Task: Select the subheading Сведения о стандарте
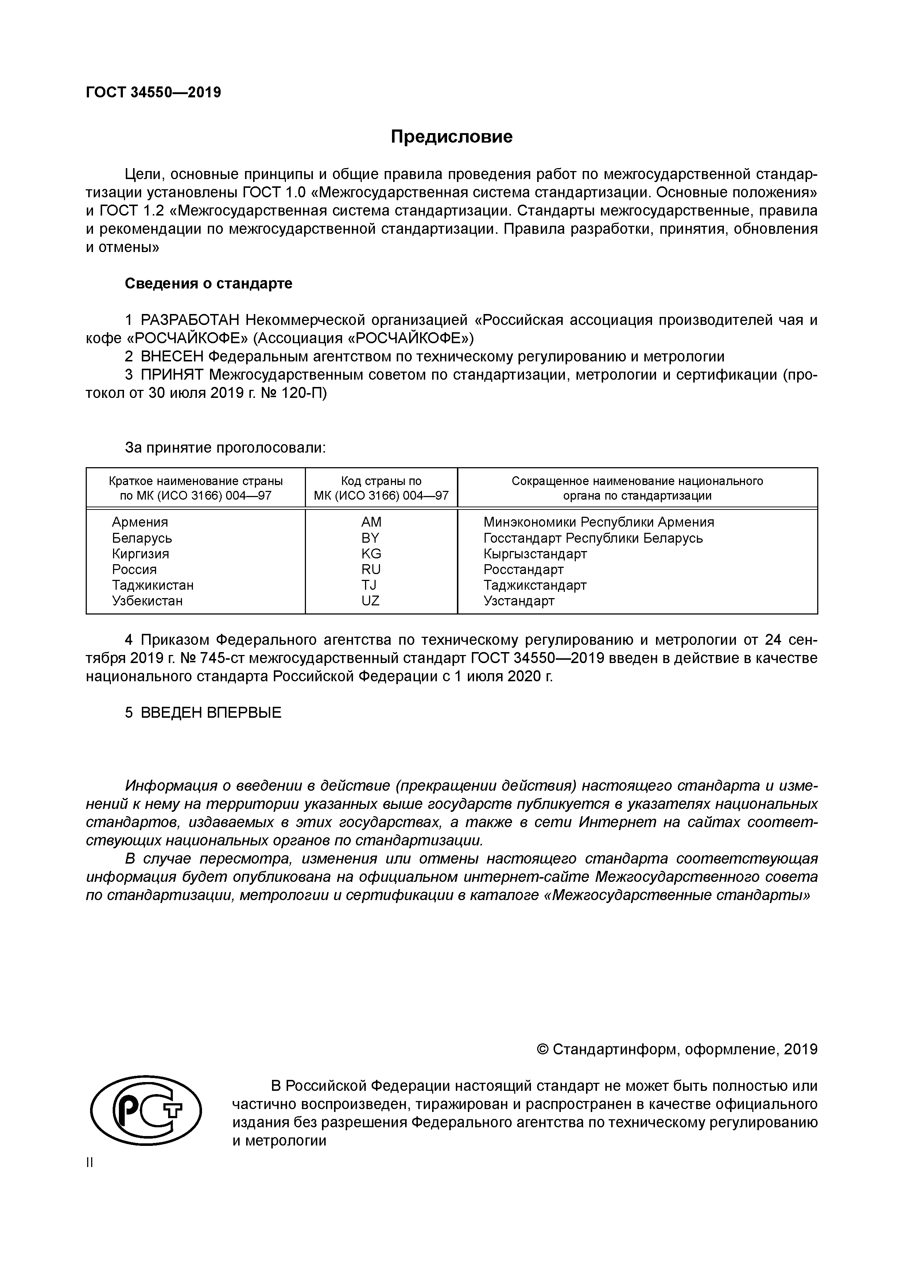(208, 283)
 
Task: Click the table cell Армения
(140, 522)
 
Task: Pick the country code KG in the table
(371, 554)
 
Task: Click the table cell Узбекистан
(147, 601)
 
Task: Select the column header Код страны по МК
(381, 488)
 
